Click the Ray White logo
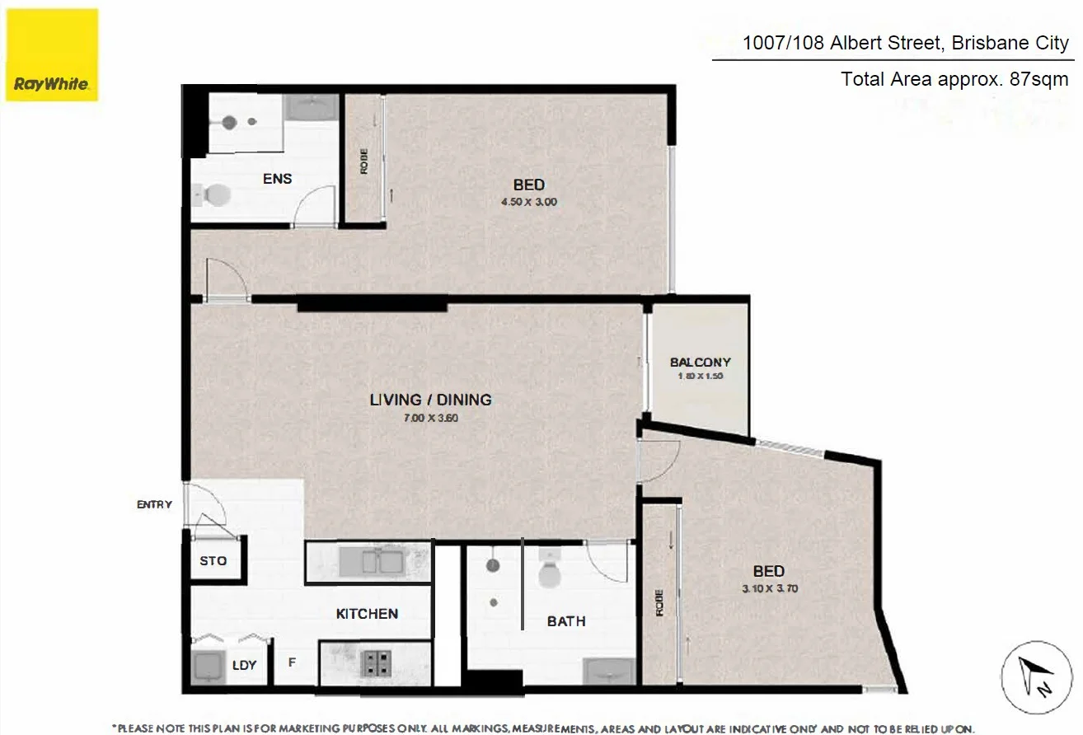pos(52,55)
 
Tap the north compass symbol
pos(1037,678)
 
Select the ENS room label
pos(277,179)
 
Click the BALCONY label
pos(700,362)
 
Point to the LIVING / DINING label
pos(430,400)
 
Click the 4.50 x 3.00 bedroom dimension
pos(528,202)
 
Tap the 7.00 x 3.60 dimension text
pos(430,418)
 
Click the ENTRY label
pos(155,504)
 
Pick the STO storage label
pos(213,561)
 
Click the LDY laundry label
pos(244,664)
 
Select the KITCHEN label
pos(367,614)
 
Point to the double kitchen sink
pos(370,562)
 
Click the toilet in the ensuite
pos(214,195)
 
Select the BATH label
pos(566,621)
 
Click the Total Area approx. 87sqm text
pos(954,80)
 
